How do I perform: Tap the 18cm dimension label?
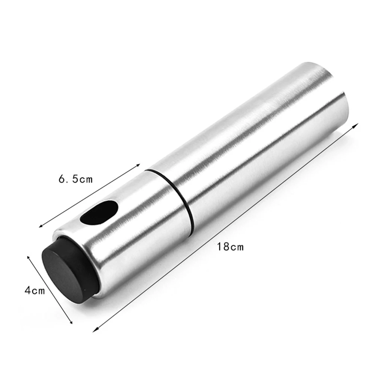coord(230,246)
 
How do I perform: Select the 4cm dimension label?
coord(35,290)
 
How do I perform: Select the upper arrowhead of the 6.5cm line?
coord(137,165)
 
